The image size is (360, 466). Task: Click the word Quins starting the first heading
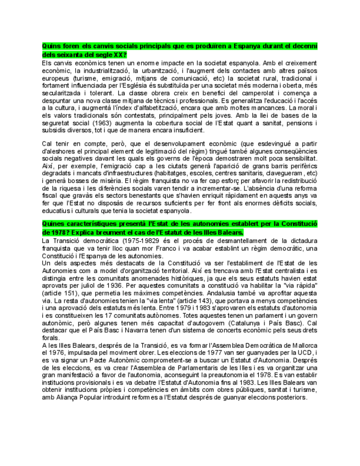tap(51, 46)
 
